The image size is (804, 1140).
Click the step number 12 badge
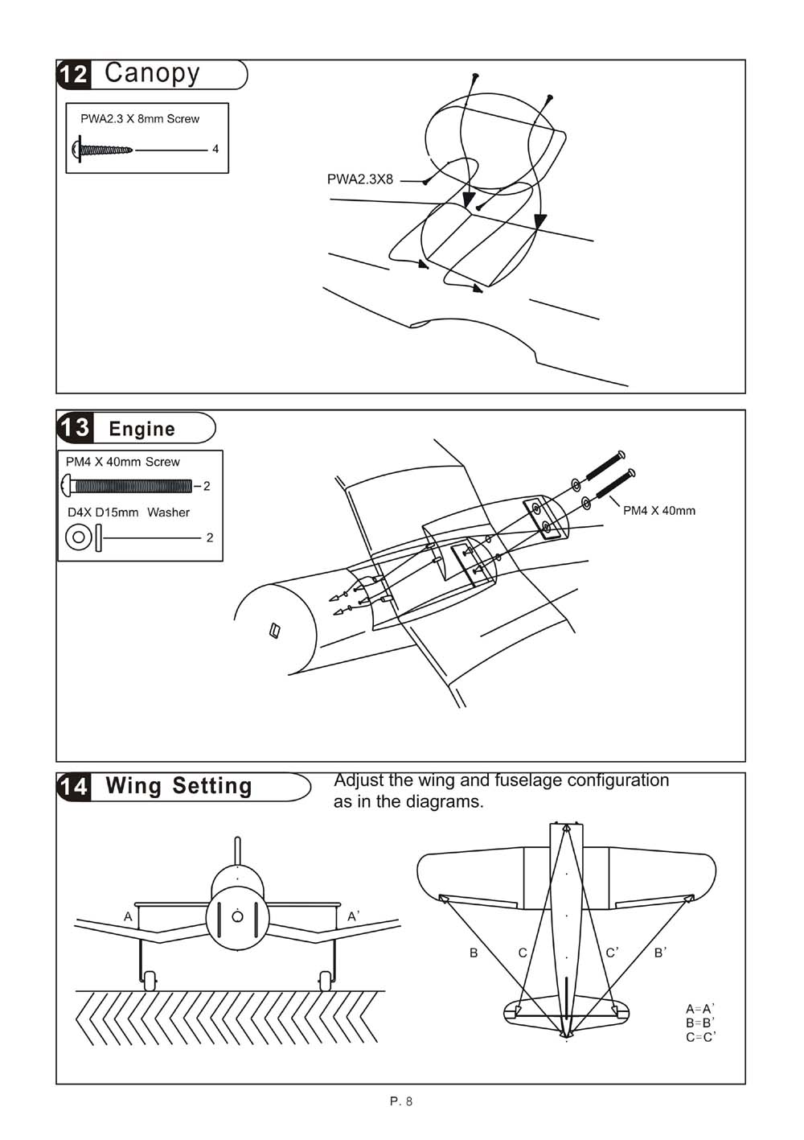tap(73, 74)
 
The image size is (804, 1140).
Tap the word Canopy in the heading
tap(152, 74)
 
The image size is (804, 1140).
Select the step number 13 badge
tap(74, 427)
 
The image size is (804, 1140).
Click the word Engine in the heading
tap(142, 429)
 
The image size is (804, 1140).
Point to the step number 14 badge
tap(73, 786)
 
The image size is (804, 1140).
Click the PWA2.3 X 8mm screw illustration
tap(103, 150)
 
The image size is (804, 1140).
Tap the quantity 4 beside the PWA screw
tap(215, 149)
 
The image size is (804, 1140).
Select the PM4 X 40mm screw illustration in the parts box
tap(126, 486)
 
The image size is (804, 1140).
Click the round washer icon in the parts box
tap(78, 537)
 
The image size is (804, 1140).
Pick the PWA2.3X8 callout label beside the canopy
tap(360, 179)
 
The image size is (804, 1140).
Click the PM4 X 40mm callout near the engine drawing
tap(659, 510)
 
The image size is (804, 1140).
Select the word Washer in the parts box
tap(168, 512)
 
